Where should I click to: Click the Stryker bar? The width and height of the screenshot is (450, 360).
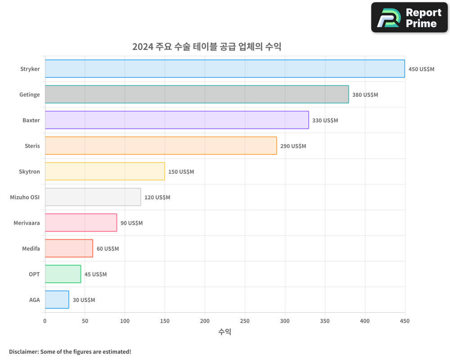[225, 69]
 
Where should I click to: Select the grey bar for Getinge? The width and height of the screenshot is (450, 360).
[197, 94]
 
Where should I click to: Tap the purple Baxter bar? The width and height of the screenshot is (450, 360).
[177, 120]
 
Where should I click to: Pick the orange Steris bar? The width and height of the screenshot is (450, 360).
[161, 146]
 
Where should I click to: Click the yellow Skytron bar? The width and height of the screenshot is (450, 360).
[105, 171]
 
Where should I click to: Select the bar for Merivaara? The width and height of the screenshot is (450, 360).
[81, 223]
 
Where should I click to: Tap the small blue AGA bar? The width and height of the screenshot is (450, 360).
[57, 300]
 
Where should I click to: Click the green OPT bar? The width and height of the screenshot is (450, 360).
[63, 274]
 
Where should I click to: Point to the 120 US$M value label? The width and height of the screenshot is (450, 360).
[157, 197]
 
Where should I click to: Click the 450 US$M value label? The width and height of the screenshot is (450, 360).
[421, 69]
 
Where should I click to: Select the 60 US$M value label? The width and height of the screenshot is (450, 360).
[108, 248]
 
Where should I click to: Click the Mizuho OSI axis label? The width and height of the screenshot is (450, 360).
[25, 197]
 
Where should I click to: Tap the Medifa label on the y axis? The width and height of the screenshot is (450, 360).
[31, 248]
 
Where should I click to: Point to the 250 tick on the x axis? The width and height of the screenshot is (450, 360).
[245, 321]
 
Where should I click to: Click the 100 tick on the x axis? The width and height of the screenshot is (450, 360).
[125, 321]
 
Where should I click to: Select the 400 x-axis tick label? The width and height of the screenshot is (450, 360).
[365, 321]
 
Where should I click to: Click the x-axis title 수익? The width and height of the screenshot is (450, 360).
[225, 332]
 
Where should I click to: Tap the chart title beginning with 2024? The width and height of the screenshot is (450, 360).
[207, 47]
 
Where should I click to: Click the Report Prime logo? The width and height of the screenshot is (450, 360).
[409, 18]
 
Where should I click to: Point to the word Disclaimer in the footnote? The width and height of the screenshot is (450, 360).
[23, 351]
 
